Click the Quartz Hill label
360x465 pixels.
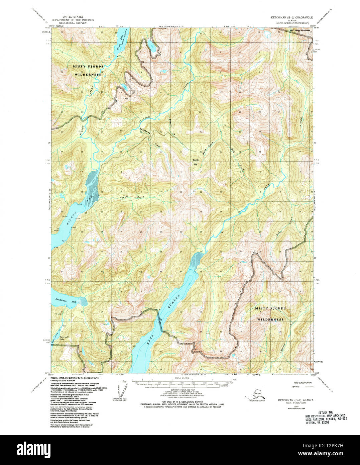(195, 162)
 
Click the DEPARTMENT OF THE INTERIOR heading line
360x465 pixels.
(72, 19)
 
